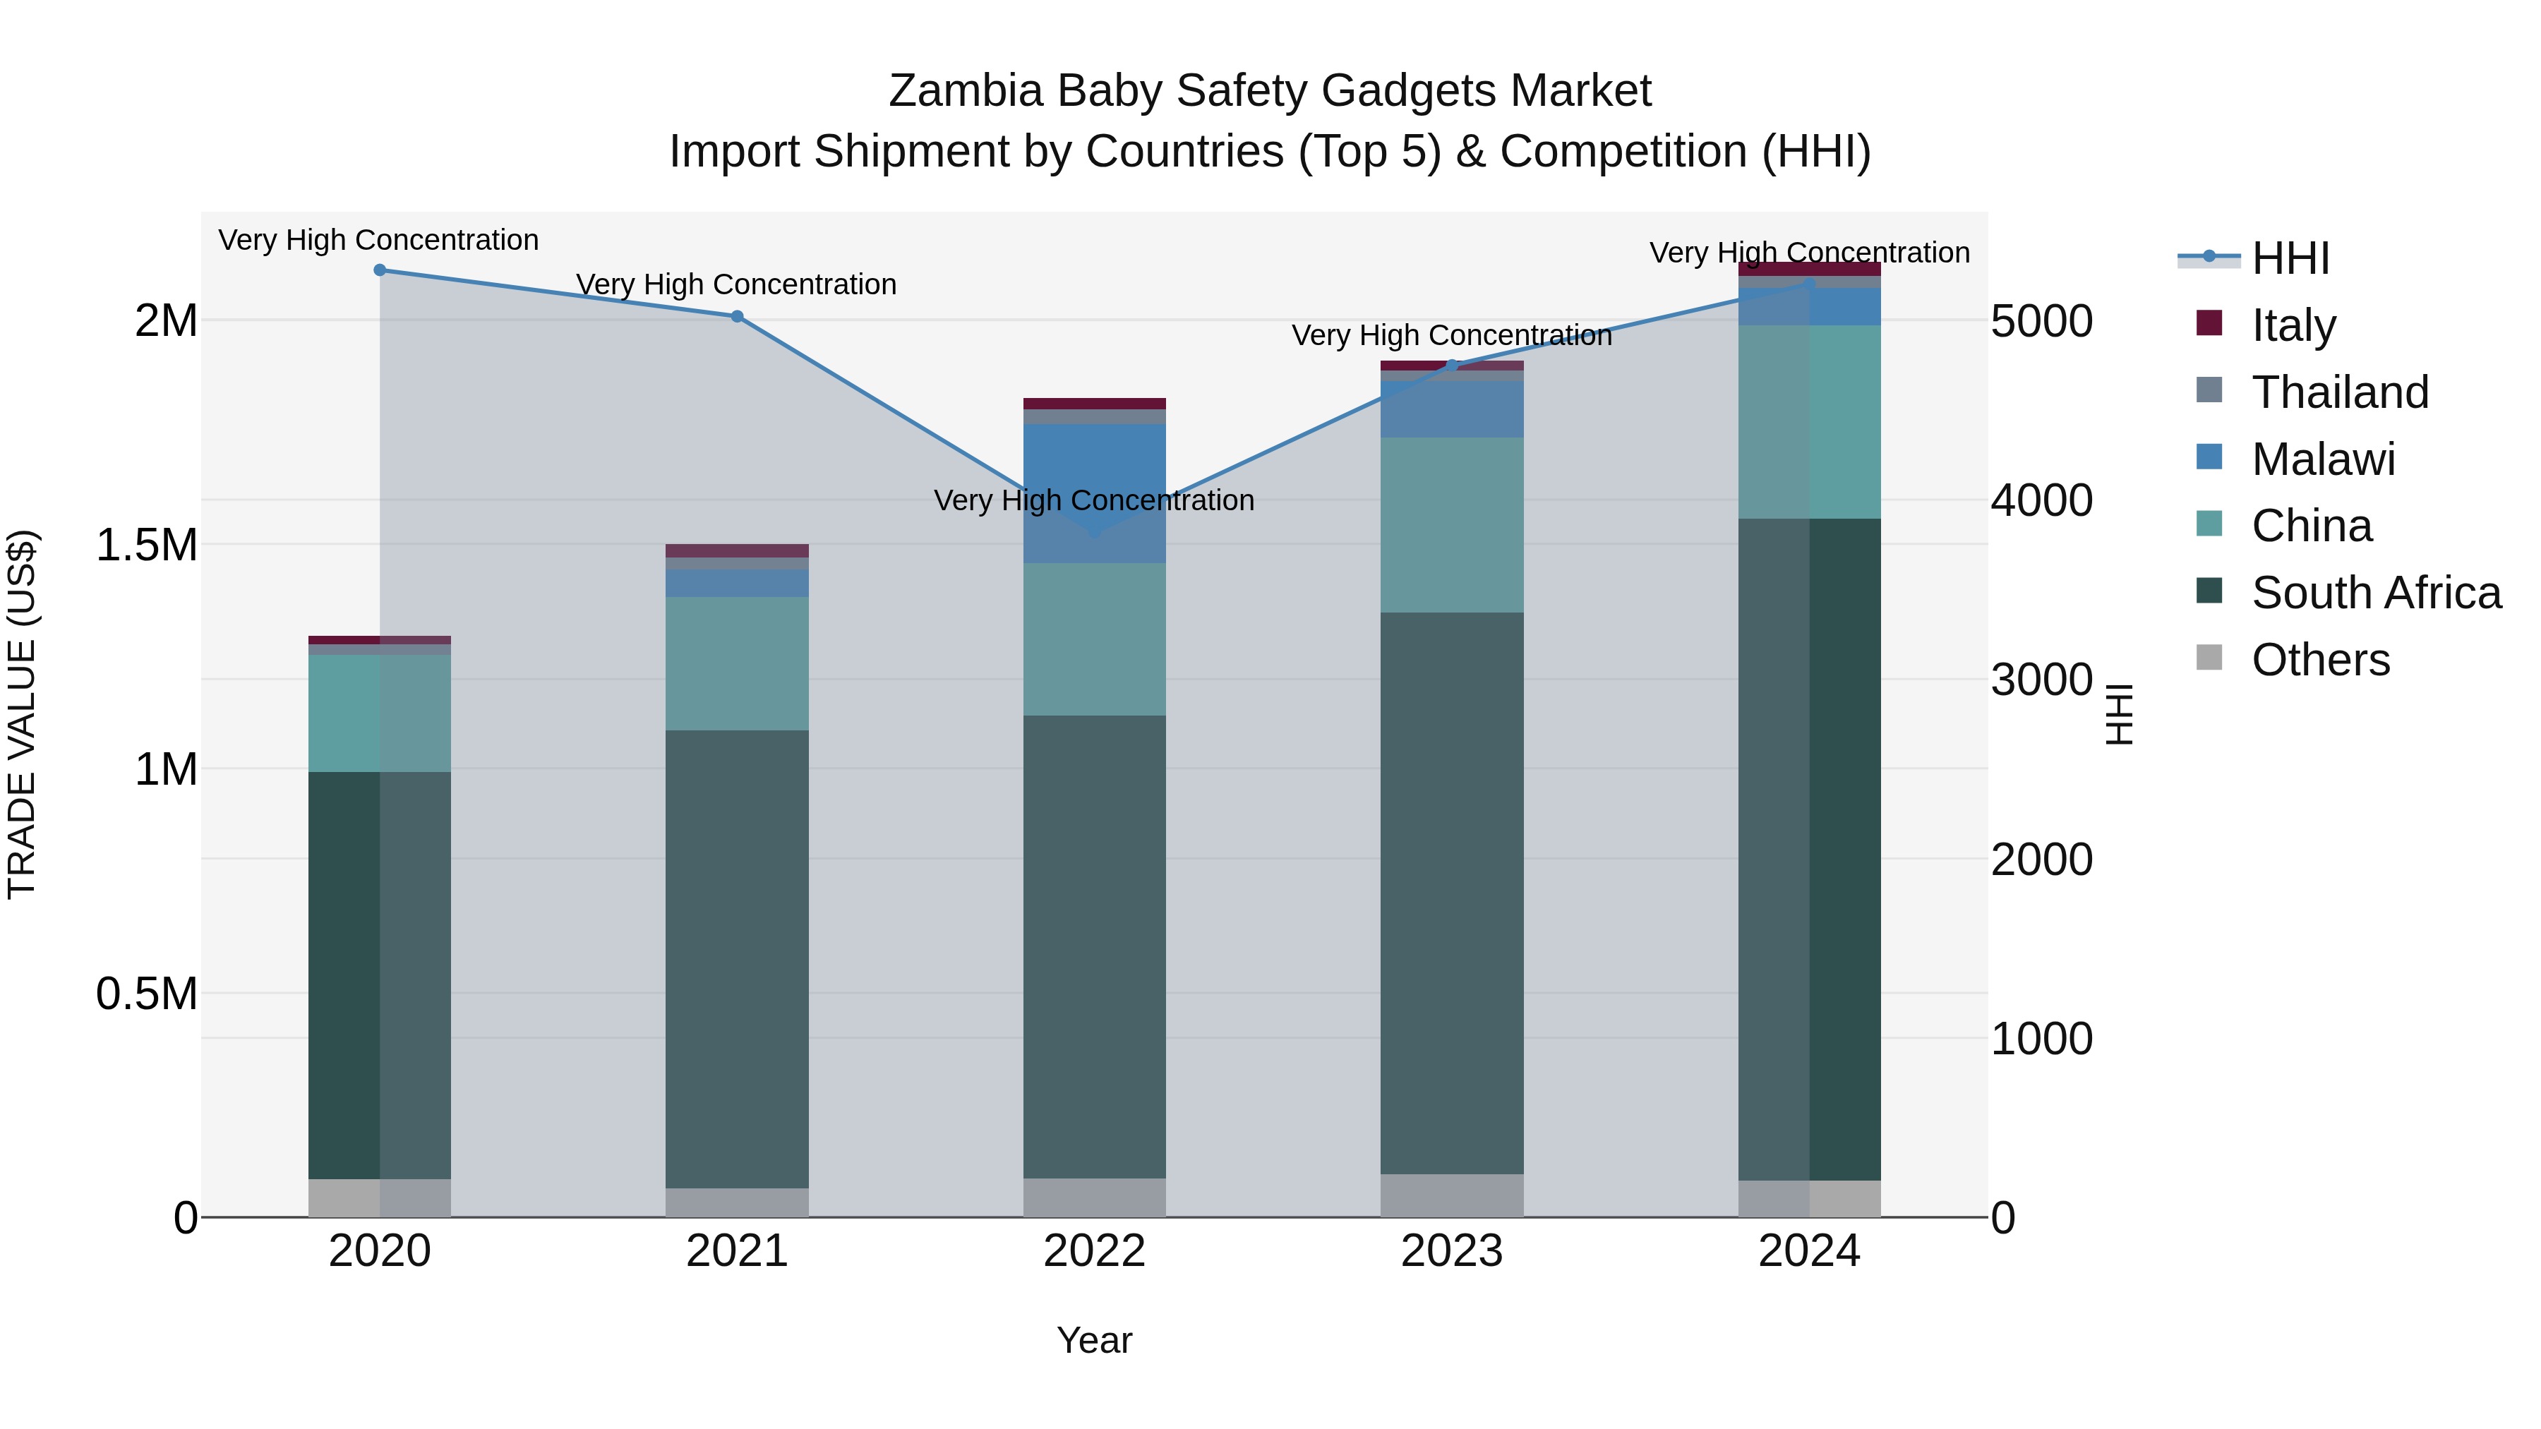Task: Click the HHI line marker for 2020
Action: pos(380,270)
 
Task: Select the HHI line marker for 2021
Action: pos(737,317)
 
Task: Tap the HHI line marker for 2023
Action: pos(1452,366)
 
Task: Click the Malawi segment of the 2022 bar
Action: pos(1094,493)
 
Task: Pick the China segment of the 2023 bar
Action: pos(1452,524)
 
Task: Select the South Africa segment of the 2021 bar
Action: pos(737,958)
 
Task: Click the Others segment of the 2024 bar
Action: pos(1809,1198)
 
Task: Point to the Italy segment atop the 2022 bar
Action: pos(1094,404)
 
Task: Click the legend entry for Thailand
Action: pos(2340,392)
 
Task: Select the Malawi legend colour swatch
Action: pos(2209,457)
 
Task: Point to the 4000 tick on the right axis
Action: pos(2041,501)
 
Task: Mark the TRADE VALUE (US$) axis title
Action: pos(22,714)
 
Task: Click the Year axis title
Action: pos(1094,1340)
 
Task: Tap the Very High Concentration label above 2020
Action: pos(379,240)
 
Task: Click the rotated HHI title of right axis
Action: pos(2120,714)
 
